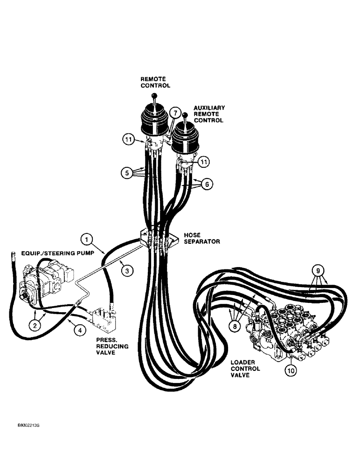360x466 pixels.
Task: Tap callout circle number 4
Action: [x=81, y=329]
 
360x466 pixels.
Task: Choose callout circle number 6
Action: [x=208, y=184]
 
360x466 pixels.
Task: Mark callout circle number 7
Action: [x=174, y=113]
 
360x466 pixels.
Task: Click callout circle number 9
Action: [x=316, y=270]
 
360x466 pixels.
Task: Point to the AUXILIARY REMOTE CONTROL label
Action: [x=209, y=114]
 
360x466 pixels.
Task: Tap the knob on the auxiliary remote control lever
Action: [x=185, y=115]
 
